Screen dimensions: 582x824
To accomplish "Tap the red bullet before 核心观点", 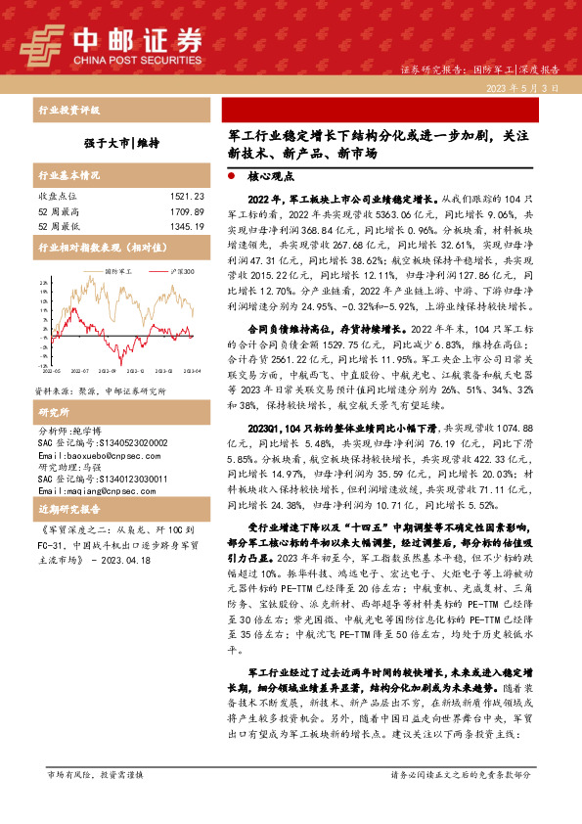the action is pos(231,179).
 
